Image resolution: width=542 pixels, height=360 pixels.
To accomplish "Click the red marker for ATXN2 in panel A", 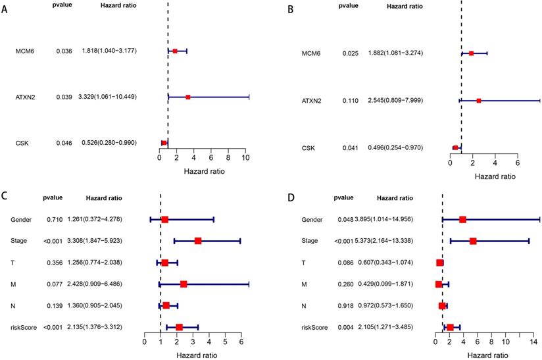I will point(188,97).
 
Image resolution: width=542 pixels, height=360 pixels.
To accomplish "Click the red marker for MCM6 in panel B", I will point(472,53).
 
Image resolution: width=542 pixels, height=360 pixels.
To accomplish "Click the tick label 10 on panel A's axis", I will point(245,158).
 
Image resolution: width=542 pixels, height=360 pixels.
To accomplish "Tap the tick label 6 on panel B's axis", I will point(518,162).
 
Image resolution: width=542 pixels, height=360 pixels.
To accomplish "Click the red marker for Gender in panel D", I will point(463,219).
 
